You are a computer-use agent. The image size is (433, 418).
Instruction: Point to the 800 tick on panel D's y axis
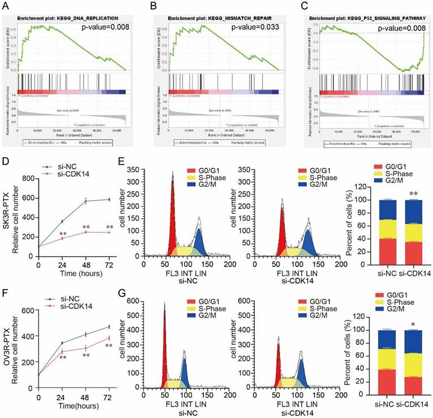point(31,179)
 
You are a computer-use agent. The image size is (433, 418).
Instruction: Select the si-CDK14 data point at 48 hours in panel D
point(86,232)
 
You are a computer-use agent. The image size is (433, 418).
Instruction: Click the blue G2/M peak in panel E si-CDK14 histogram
point(308,241)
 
